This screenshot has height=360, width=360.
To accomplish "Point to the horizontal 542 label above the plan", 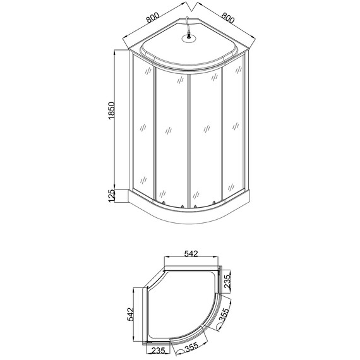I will [x=191, y=253].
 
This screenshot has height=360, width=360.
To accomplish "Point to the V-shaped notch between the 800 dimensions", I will [x=189, y=8].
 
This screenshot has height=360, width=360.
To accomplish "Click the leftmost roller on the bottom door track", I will [x=164, y=203].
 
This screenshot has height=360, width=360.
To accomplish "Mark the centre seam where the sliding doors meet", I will [x=189, y=139].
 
